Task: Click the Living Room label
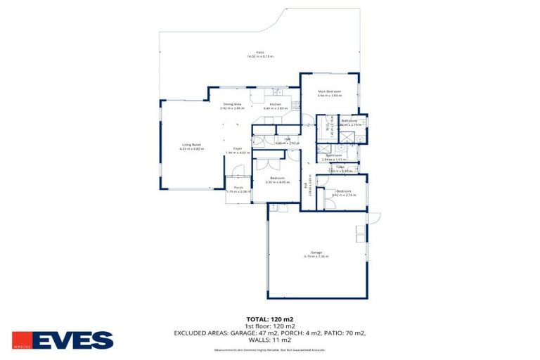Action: click(x=191, y=144)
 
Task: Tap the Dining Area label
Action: click(x=232, y=104)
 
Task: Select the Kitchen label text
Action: click(x=276, y=104)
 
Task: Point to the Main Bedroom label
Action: click(x=329, y=91)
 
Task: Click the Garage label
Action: click(x=316, y=252)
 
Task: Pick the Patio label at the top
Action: click(x=259, y=52)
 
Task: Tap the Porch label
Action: click(x=238, y=188)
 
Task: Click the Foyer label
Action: click(x=238, y=148)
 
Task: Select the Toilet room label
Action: click(x=340, y=167)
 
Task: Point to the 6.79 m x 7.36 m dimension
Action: click(x=316, y=256)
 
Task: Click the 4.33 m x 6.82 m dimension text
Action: click(x=191, y=149)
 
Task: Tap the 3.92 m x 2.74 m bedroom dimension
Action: click(x=343, y=195)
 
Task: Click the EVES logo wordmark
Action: click(x=72, y=340)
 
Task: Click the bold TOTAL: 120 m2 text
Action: click(x=270, y=319)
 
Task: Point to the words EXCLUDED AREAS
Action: click(x=204, y=333)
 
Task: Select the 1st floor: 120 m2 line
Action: click(x=270, y=326)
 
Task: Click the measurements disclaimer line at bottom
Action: click(x=270, y=349)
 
